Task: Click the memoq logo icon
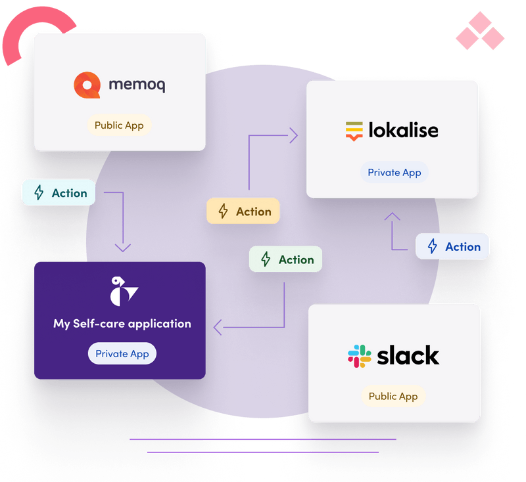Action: (87, 85)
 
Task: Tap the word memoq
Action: (137, 85)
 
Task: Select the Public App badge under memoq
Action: (119, 125)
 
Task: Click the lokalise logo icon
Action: (354, 131)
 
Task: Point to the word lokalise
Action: (403, 130)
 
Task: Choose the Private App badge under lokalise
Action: (394, 173)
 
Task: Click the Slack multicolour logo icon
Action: (359, 356)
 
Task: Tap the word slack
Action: (408, 355)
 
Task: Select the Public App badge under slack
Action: (393, 396)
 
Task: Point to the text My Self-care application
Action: (122, 324)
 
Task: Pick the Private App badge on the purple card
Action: (122, 353)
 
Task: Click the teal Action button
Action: (59, 193)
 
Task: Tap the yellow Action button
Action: (243, 211)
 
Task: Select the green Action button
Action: (286, 259)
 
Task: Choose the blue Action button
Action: (452, 246)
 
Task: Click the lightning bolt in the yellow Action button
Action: (224, 211)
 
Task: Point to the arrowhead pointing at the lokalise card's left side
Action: (293, 136)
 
